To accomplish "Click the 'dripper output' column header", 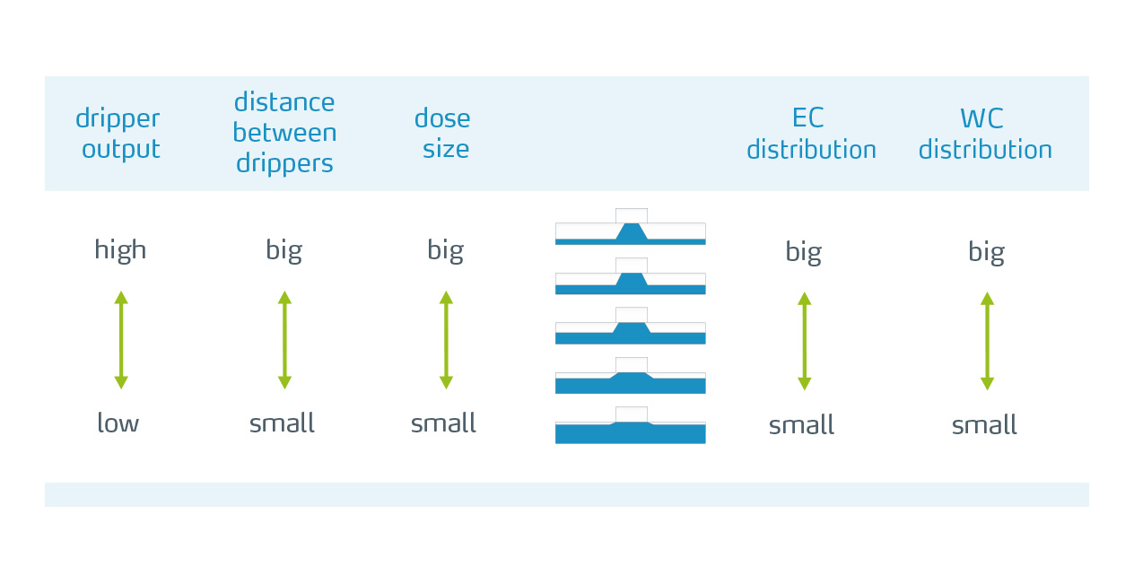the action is pyautogui.click(x=118, y=134).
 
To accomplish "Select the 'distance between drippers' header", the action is pyautogui.click(x=284, y=133).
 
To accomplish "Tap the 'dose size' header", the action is pyautogui.click(x=443, y=133).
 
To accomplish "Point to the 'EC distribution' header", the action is pyautogui.click(x=811, y=134).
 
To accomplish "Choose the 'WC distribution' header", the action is pyautogui.click(x=985, y=134).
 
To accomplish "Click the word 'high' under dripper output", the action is pyautogui.click(x=120, y=250).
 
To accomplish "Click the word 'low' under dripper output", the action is pyautogui.click(x=118, y=423).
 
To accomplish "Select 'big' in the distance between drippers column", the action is pyautogui.click(x=284, y=250).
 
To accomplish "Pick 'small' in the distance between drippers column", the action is pyautogui.click(x=282, y=423).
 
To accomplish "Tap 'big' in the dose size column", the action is pyautogui.click(x=446, y=250).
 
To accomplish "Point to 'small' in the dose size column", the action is pyautogui.click(x=443, y=423).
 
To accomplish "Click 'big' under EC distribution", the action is pyautogui.click(x=804, y=251).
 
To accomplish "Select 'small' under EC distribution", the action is pyautogui.click(x=801, y=424).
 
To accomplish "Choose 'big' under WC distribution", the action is pyautogui.click(x=987, y=251).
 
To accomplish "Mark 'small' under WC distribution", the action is pyautogui.click(x=985, y=424).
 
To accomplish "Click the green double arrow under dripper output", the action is pyautogui.click(x=121, y=340).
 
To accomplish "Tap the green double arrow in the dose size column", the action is pyautogui.click(x=446, y=340).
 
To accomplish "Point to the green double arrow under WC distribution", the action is pyautogui.click(x=987, y=341).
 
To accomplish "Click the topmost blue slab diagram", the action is pyautogui.click(x=631, y=227).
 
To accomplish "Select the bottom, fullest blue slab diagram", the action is pyautogui.click(x=631, y=425).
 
